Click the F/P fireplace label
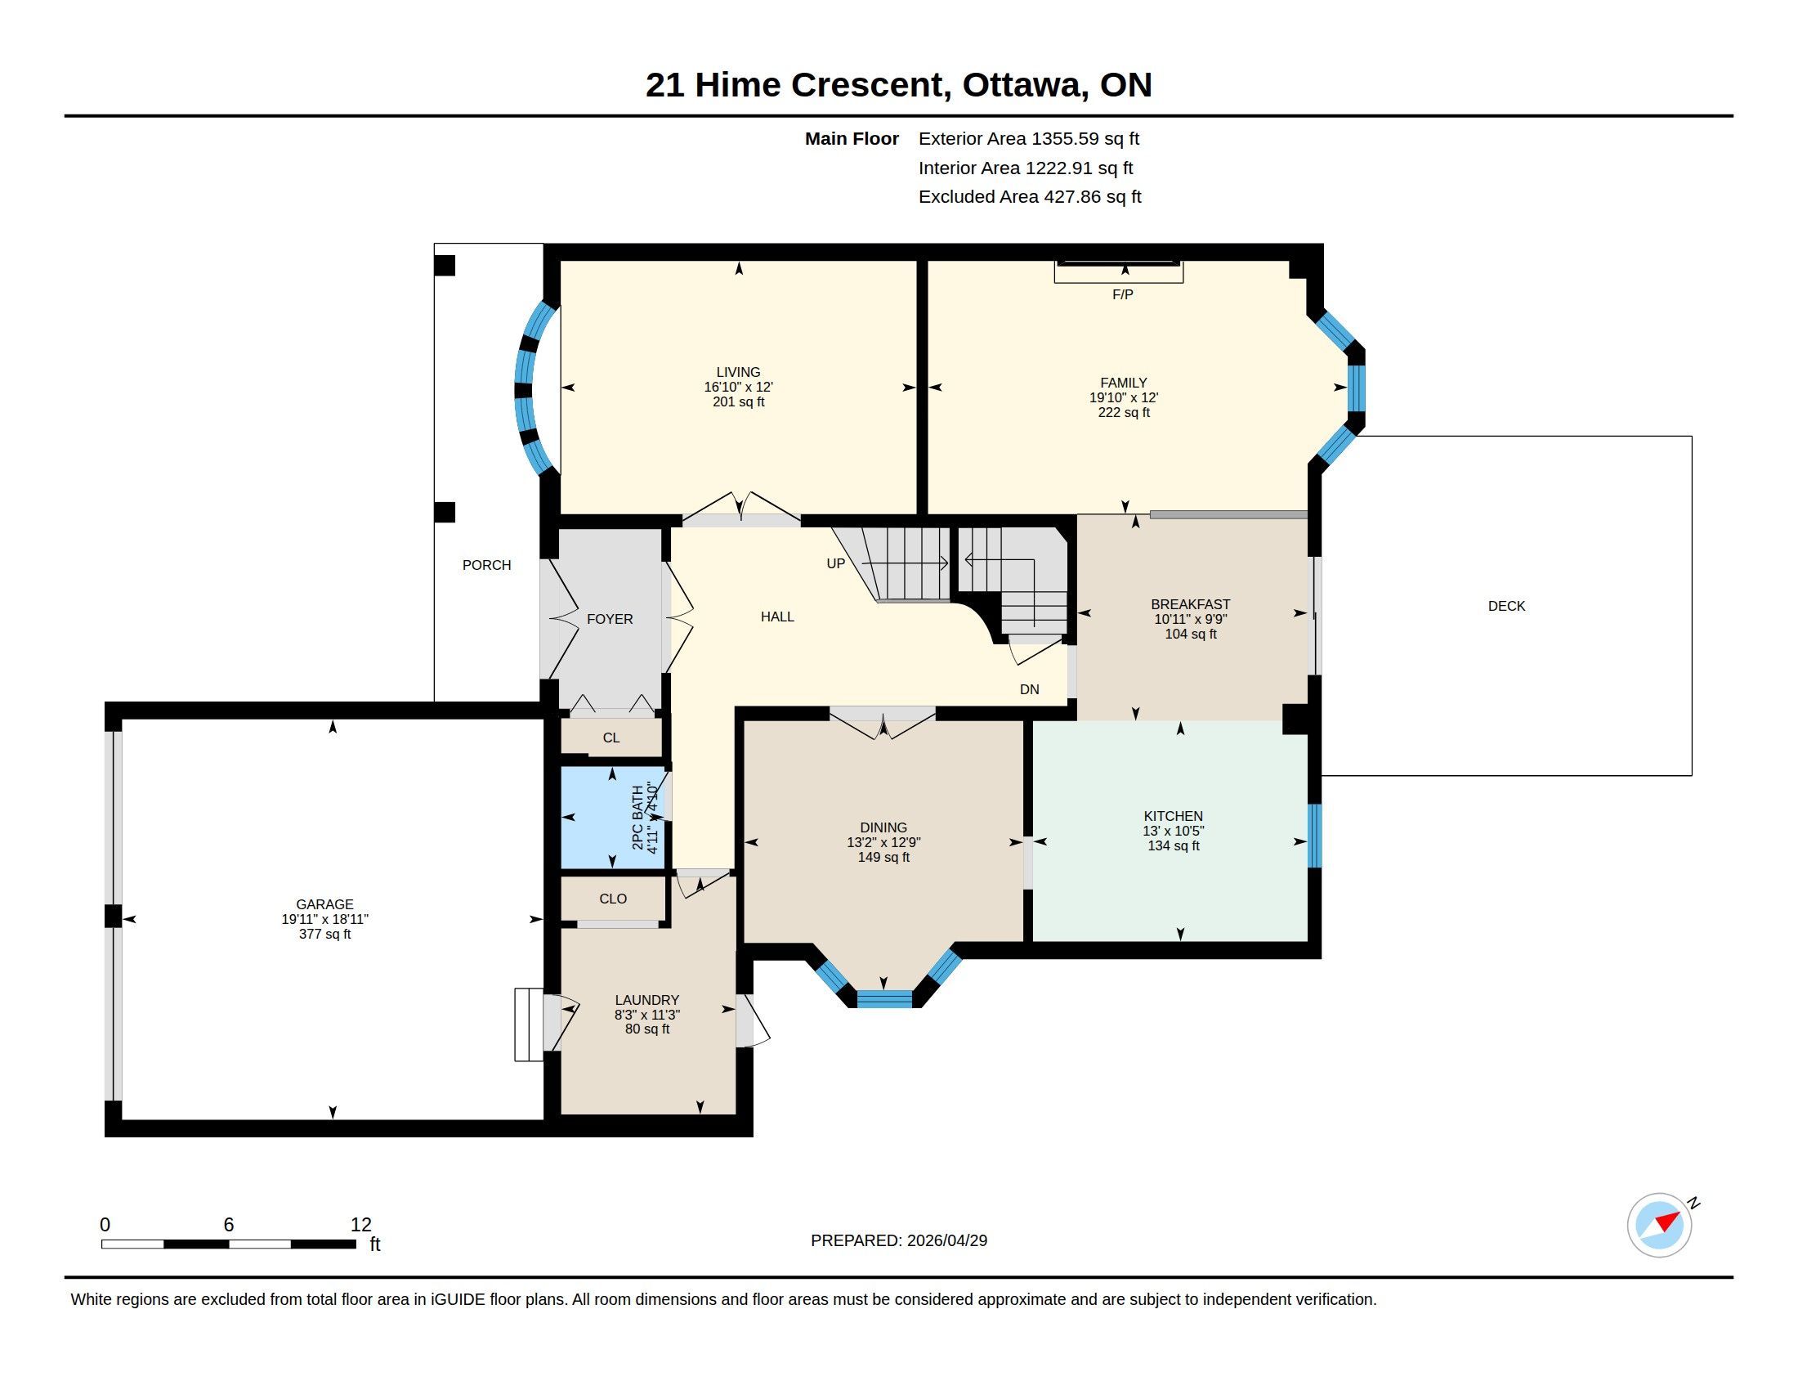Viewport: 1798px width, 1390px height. (1122, 294)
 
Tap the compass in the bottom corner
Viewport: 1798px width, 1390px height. (1659, 1225)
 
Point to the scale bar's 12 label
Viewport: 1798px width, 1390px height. (360, 1225)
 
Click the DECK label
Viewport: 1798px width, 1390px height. (1506, 606)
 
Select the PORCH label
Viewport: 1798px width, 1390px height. (486, 565)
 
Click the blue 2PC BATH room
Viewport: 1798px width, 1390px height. (612, 818)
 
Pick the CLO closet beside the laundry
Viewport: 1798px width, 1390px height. (613, 899)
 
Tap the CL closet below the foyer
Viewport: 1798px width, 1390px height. (611, 738)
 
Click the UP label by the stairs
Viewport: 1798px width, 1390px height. (835, 564)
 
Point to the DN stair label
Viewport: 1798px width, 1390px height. (1029, 689)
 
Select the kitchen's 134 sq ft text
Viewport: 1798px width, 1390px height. (1173, 845)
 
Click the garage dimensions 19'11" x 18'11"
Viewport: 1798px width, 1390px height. (325, 919)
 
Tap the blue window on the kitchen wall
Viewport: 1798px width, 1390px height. (1315, 836)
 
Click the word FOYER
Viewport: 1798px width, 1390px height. (610, 619)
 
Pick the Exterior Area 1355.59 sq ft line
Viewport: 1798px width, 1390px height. (1029, 138)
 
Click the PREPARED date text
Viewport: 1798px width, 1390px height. (899, 1240)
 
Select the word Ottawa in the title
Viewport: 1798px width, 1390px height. (1022, 85)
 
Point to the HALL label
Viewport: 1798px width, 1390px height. (777, 617)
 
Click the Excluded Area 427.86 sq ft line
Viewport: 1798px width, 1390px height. (1030, 197)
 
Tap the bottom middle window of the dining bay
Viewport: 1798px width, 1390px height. (884, 999)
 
